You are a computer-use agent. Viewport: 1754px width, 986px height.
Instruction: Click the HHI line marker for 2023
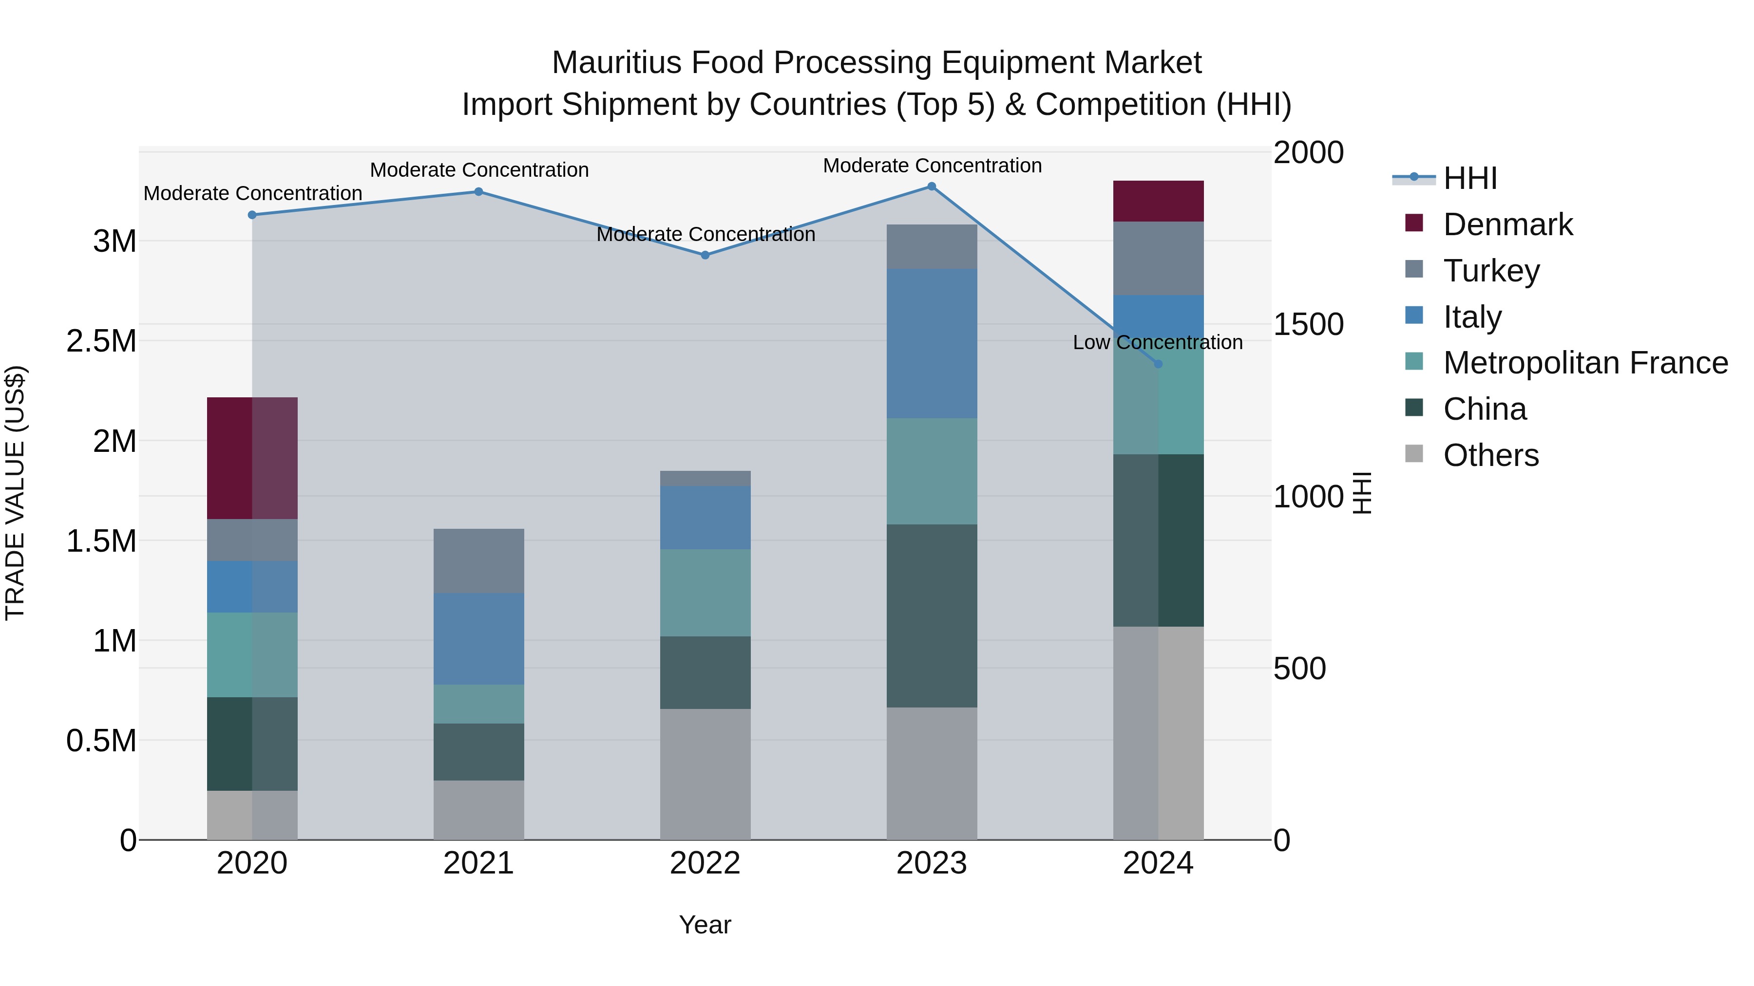(x=932, y=186)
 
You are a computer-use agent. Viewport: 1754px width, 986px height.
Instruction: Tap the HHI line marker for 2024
(x=1158, y=364)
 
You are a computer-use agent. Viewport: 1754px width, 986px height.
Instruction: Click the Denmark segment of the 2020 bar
(x=252, y=458)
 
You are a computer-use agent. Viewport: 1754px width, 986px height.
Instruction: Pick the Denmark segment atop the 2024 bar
(x=1158, y=202)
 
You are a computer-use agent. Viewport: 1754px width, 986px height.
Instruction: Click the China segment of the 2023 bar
(x=932, y=616)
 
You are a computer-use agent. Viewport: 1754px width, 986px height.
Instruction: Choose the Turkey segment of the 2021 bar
(x=478, y=561)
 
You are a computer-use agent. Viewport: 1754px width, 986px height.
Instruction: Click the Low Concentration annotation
(x=1158, y=342)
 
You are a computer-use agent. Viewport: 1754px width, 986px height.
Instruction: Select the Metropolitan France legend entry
(x=1585, y=363)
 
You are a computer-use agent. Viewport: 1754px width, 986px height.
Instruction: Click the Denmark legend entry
(x=1507, y=224)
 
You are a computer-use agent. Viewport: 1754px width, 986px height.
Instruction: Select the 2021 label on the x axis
(x=478, y=863)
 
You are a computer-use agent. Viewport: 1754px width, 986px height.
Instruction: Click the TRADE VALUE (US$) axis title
(x=15, y=493)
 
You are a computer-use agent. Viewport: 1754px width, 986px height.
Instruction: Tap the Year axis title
(x=705, y=925)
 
